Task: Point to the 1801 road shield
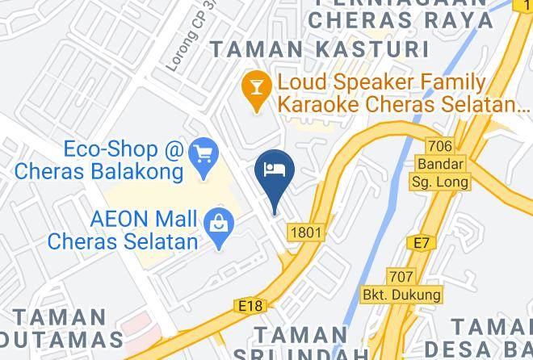307,232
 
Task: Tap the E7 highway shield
421,241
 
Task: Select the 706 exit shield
439,146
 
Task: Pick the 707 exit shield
401,276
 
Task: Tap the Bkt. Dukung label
401,295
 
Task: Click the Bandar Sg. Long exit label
440,171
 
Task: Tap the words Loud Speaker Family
381,82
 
